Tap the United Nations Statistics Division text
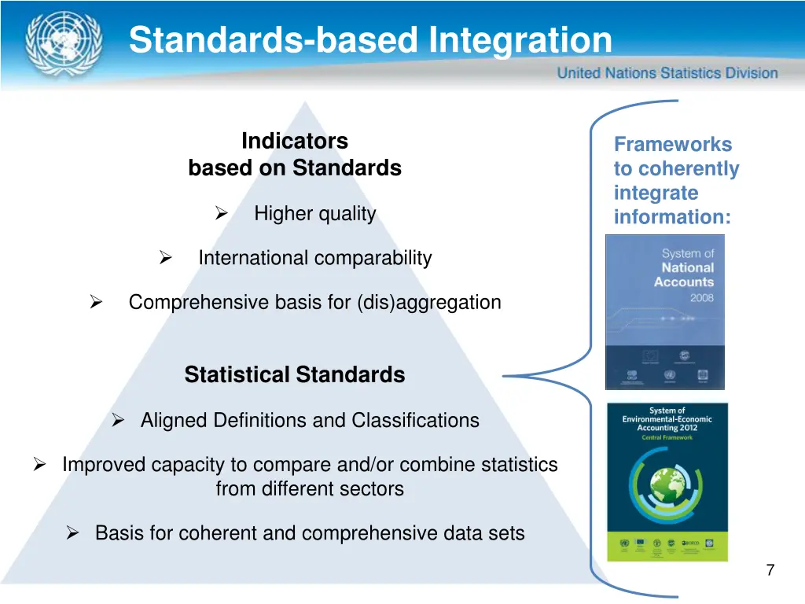tap(667, 73)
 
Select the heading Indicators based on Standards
tap(295, 155)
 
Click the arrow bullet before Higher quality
tap(221, 214)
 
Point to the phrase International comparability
tap(314, 258)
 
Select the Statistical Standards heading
tap(295, 375)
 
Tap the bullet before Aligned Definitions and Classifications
tap(119, 421)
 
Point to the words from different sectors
tap(310, 488)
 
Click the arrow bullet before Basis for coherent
tap(73, 534)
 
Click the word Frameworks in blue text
tap(672, 145)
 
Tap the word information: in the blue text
tap(672, 217)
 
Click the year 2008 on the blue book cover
tap(701, 299)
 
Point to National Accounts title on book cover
tap(683, 274)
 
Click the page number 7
tap(770, 571)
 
